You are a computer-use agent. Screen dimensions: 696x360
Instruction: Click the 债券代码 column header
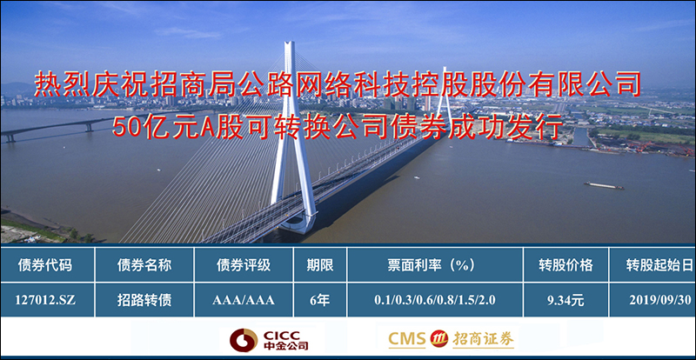point(45,265)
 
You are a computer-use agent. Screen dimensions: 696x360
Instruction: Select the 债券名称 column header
point(144,265)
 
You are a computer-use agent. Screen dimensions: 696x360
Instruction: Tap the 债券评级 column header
point(244,265)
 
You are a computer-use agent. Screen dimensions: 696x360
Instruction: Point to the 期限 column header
point(320,265)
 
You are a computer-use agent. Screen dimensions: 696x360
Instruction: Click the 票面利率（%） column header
point(435,265)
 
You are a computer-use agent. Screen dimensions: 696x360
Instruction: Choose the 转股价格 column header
point(566,265)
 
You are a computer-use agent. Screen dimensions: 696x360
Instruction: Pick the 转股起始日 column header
point(659,265)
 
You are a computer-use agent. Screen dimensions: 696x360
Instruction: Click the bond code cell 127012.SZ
point(45,300)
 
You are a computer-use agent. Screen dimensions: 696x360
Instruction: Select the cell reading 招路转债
point(144,300)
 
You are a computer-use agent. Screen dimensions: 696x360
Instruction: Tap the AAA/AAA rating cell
point(244,300)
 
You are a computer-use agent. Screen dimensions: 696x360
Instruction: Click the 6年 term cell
point(320,300)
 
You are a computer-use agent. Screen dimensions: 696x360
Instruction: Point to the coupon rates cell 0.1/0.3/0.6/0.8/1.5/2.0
point(435,300)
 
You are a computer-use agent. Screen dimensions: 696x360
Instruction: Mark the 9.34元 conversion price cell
point(565,300)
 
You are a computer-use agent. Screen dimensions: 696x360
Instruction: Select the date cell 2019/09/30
point(660,300)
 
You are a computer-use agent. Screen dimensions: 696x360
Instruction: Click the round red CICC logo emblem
point(244,340)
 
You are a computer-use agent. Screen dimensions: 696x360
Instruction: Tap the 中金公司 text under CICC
point(286,346)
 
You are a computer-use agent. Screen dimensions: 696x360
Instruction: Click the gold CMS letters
point(407,340)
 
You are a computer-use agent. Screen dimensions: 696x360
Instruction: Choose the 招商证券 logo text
point(483,340)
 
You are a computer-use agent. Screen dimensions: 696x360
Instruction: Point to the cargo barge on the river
point(604,185)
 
